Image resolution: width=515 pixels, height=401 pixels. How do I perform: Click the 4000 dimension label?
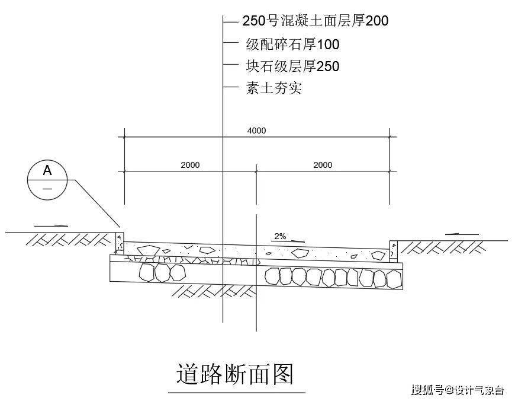pyautogui.click(x=256, y=131)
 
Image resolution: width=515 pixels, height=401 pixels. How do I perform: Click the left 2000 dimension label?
pyautogui.click(x=190, y=165)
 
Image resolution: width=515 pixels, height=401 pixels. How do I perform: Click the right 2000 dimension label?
pyautogui.click(x=323, y=165)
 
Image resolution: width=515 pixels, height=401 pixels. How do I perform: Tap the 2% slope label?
pyautogui.click(x=280, y=236)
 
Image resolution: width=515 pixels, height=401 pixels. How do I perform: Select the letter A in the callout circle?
pyautogui.click(x=47, y=170)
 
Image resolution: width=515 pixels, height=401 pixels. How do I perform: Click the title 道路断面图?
pyautogui.click(x=234, y=374)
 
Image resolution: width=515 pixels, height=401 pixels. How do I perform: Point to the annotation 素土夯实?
pyautogui.click(x=273, y=88)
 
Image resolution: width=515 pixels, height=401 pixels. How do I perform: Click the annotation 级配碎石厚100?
pyautogui.click(x=292, y=44)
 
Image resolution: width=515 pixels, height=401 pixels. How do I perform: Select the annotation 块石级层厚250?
pyautogui.click(x=292, y=66)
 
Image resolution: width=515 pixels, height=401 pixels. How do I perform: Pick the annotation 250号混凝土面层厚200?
pyautogui.click(x=316, y=21)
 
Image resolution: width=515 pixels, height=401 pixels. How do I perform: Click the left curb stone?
pyautogui.click(x=120, y=243)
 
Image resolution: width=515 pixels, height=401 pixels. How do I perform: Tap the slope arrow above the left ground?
pyautogui.click(x=51, y=226)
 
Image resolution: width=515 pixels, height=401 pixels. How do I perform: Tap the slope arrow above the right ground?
pyautogui.click(x=462, y=234)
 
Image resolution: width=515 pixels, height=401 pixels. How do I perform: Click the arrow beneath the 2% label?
pyautogui.click(x=288, y=241)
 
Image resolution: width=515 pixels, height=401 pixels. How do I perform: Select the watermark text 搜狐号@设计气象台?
pyautogui.click(x=458, y=390)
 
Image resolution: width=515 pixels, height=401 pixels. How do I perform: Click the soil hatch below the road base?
pyautogui.click(x=214, y=291)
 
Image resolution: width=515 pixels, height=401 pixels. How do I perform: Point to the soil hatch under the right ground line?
pyautogui.click(x=443, y=247)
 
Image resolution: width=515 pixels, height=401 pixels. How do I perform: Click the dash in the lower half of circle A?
pyautogui.click(x=47, y=189)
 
